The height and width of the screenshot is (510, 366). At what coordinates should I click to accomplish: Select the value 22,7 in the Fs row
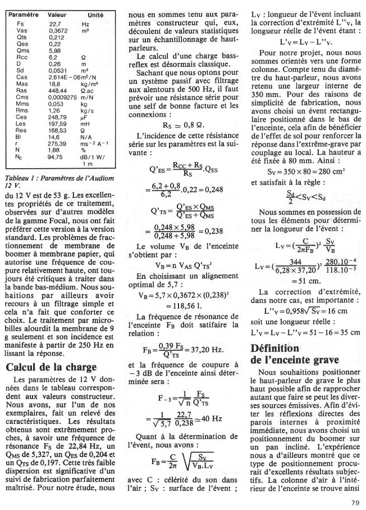point(54,24)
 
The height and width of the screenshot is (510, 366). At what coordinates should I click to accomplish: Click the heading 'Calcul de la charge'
point(51,368)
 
